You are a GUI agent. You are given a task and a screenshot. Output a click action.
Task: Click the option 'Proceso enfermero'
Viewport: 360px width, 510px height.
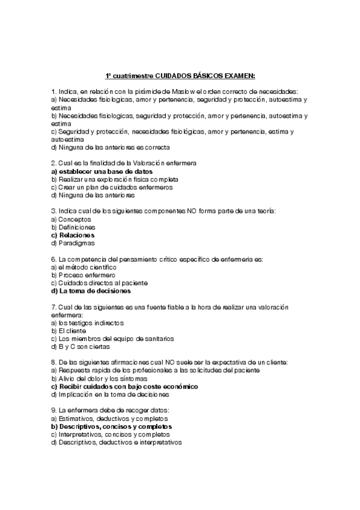click(x=85, y=275)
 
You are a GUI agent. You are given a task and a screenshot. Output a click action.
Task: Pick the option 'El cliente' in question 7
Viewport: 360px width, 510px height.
click(x=72, y=330)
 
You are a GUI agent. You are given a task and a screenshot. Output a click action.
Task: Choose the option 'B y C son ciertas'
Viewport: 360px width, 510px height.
click(x=81, y=346)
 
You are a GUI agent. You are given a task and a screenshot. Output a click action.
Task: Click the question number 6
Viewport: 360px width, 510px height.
click(x=53, y=259)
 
